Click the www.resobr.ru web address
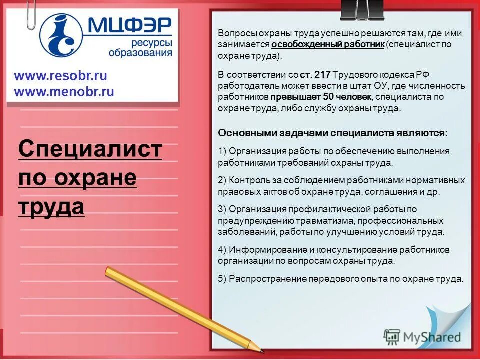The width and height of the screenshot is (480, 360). [60, 76]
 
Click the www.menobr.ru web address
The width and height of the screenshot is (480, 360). [64, 92]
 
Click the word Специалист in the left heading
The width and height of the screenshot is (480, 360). [90, 149]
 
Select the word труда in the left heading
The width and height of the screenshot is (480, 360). [51, 206]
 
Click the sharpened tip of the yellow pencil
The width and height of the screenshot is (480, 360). [260, 348]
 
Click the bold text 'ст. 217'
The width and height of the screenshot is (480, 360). [315, 75]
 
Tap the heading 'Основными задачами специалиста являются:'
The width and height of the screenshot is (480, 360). [333, 133]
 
